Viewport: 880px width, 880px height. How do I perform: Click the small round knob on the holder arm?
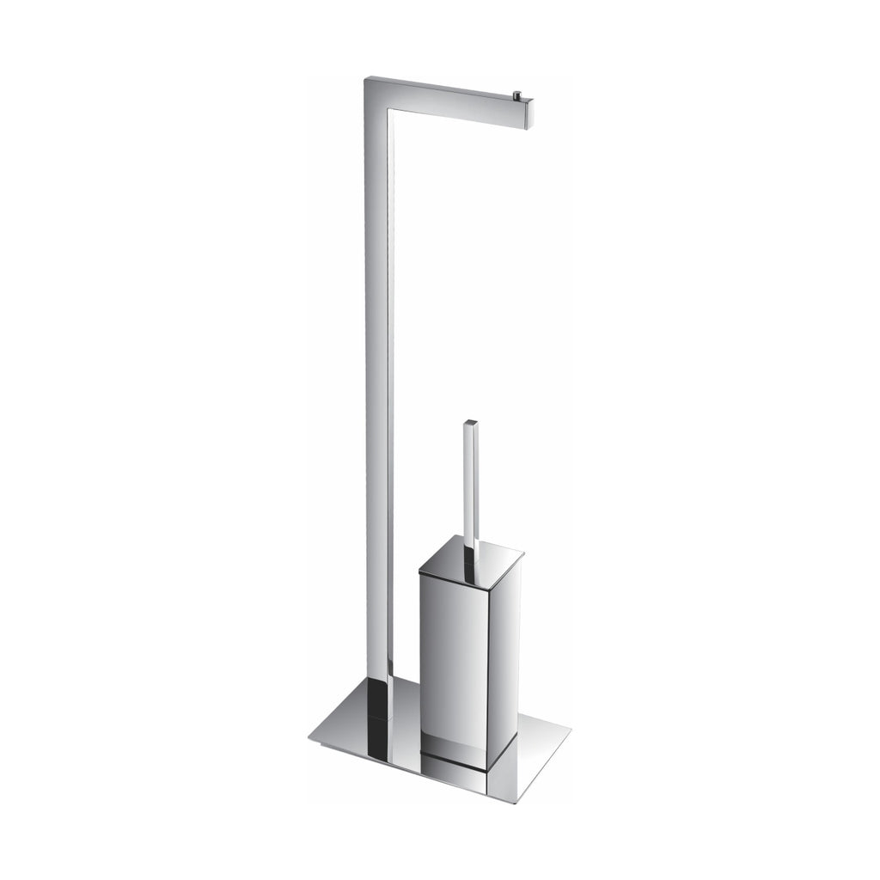(x=517, y=95)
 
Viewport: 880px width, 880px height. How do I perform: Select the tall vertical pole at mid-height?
(x=378, y=387)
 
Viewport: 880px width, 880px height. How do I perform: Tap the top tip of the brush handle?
(x=470, y=424)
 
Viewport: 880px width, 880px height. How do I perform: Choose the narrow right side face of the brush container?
(x=503, y=653)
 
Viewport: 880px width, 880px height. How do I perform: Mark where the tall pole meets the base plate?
(x=379, y=681)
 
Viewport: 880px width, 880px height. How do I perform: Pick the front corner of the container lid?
(x=489, y=577)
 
